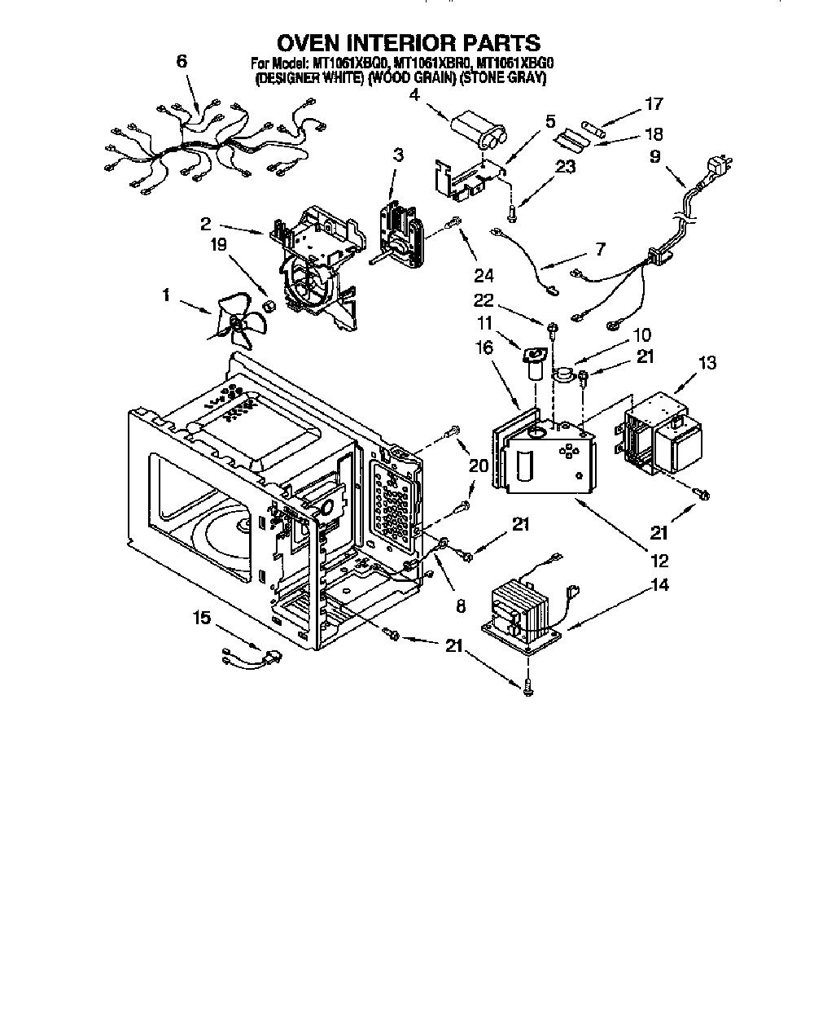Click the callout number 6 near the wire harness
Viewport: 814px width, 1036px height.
pos(182,62)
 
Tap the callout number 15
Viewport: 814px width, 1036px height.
pos(201,619)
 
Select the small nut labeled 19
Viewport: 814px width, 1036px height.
pos(269,306)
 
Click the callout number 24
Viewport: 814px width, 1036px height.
pos(484,276)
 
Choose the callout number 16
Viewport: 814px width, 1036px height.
pos(484,348)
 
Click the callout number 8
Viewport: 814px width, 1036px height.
pos(460,606)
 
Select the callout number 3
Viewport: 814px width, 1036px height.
pos(398,155)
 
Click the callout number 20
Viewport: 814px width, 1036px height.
pos(479,466)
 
